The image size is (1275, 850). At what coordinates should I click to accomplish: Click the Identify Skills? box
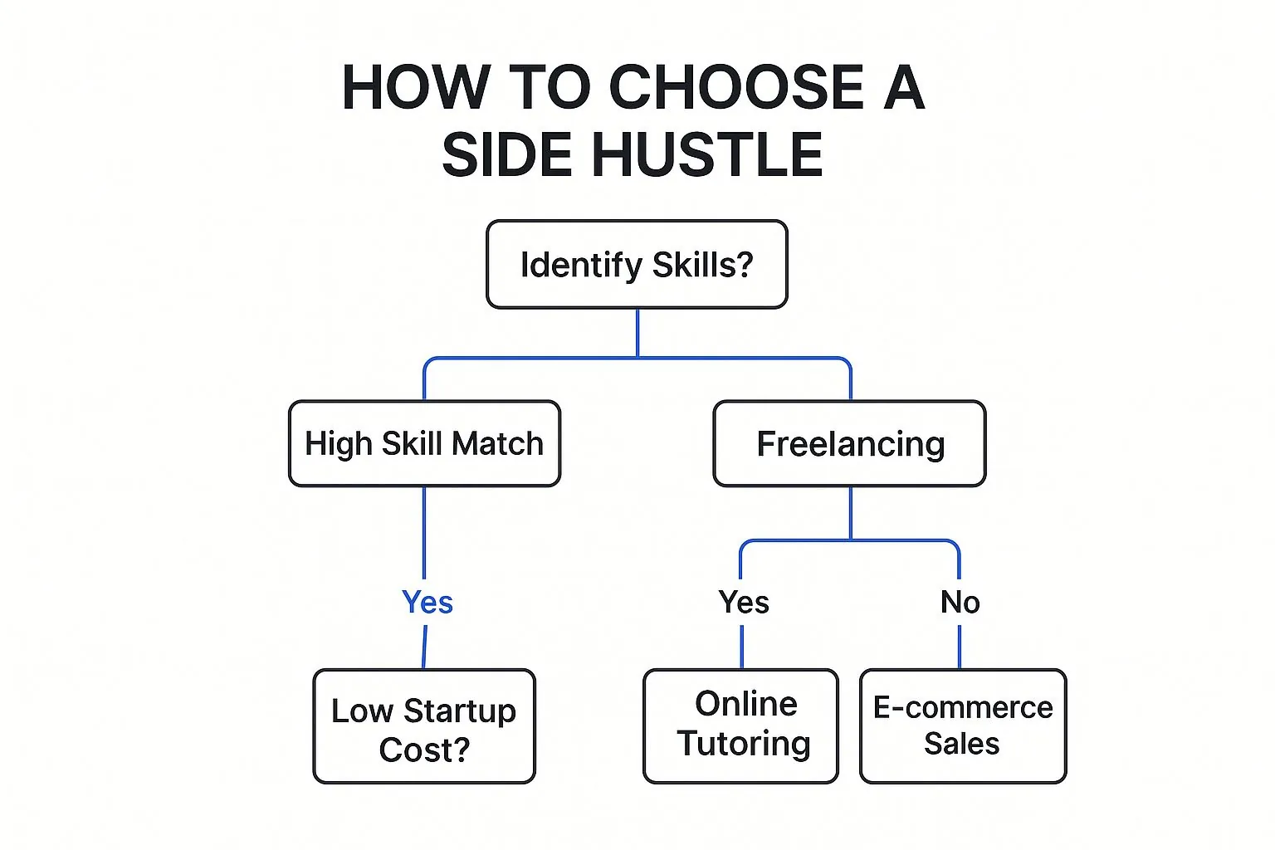637,264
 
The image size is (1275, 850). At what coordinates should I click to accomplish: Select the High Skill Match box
425,443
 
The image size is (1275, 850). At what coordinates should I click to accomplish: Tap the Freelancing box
850,443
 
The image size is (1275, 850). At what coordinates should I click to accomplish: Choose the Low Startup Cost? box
424,725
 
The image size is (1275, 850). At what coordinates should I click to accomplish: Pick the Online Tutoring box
741,725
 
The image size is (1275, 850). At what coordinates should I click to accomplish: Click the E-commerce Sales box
963,725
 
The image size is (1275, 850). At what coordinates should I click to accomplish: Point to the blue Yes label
427,602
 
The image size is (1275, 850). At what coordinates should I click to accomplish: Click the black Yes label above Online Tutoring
744,602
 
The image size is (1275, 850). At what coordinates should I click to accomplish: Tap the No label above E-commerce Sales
960,602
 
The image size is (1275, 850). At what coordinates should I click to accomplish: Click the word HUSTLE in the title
707,154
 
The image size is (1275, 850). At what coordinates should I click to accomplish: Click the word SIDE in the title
507,154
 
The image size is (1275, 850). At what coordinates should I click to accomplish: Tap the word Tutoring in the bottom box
744,744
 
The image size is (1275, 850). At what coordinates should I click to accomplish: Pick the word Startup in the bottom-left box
460,711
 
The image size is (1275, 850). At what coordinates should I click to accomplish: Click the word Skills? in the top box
703,265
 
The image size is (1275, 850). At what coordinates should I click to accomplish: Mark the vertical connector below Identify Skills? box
637,333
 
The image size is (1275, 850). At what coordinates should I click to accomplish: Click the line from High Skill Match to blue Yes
424,533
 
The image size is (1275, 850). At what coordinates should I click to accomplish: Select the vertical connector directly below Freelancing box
851,513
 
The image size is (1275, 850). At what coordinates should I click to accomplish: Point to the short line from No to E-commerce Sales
960,647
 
